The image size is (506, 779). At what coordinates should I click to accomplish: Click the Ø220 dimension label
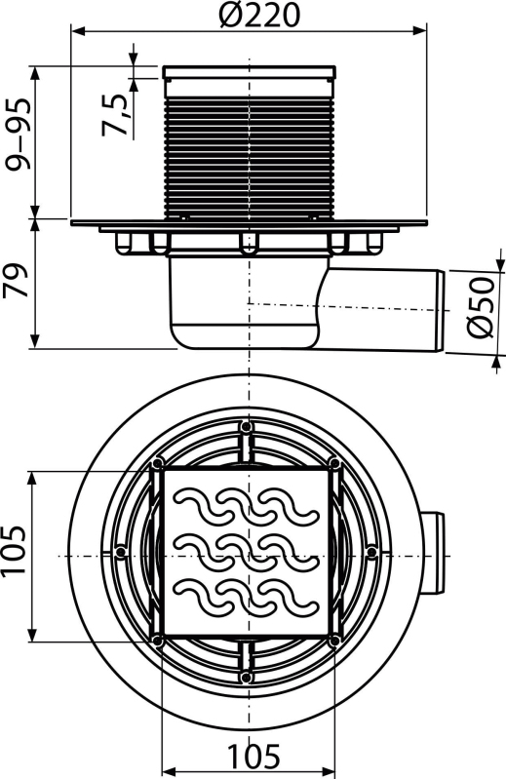tap(259, 15)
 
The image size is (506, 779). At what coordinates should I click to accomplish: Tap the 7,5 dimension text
tap(114, 115)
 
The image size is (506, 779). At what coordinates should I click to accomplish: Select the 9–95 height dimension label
tap(19, 134)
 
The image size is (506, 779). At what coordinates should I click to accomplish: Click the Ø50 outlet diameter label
tap(481, 307)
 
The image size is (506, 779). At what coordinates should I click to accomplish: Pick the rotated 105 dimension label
tap(14, 550)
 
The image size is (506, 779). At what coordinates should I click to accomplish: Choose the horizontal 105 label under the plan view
tap(253, 756)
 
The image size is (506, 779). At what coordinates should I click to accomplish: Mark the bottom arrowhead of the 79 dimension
tap(35, 342)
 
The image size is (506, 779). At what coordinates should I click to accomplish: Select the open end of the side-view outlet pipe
tap(441, 310)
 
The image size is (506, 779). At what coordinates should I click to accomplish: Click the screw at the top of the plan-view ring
tap(246, 427)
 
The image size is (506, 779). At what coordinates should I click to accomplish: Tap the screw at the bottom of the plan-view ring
tap(246, 677)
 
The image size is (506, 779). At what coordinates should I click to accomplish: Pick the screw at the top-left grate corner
tap(157, 463)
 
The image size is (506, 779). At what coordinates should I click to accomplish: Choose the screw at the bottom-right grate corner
tap(335, 640)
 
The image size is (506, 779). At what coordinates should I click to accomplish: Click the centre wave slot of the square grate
tap(247, 551)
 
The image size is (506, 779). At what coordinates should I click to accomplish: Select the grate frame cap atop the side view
tap(250, 72)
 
